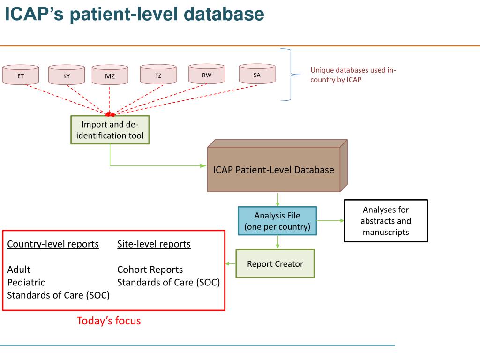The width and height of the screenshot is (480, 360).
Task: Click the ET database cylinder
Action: [x=21, y=75]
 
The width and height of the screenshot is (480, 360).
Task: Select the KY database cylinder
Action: [x=67, y=75]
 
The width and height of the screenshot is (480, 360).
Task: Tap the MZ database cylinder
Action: [x=110, y=75]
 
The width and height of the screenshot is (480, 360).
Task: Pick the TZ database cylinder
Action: [x=158, y=75]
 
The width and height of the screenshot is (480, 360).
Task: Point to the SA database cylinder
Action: [x=257, y=74]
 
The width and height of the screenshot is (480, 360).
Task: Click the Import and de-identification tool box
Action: [x=110, y=130]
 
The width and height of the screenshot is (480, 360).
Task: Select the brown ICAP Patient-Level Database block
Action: [x=274, y=170]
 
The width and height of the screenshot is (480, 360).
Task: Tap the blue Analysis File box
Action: [x=277, y=221]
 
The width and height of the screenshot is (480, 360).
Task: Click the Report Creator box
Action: [x=275, y=263]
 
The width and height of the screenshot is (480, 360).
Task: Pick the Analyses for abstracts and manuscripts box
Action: [x=386, y=221]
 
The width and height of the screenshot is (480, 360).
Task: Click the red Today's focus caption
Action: [x=109, y=321]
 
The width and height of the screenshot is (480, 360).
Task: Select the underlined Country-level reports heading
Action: [x=53, y=244]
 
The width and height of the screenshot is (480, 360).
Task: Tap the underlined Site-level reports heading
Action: [x=154, y=244]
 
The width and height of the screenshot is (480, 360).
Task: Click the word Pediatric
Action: [x=26, y=282]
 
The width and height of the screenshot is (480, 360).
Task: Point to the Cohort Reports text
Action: [x=150, y=270]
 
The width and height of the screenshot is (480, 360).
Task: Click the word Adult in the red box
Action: [x=19, y=270]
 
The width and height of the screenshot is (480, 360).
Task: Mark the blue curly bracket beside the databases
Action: [x=292, y=75]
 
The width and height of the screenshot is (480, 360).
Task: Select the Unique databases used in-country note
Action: [x=353, y=75]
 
